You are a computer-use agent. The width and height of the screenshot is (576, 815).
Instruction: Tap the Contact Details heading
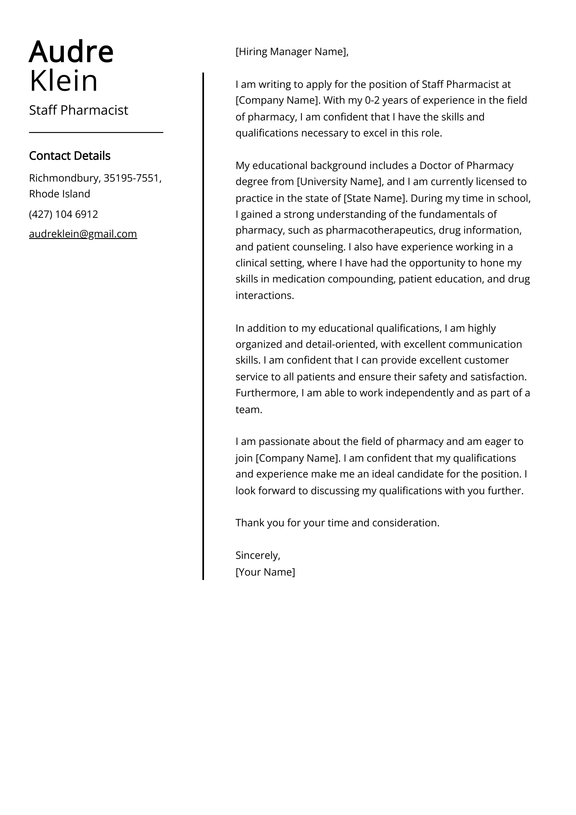tap(69, 156)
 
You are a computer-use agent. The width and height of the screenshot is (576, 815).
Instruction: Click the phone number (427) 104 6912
tap(63, 214)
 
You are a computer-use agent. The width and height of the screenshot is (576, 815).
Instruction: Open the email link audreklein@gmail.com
tap(83, 234)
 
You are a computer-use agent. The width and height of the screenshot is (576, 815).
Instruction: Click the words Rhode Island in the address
tap(60, 194)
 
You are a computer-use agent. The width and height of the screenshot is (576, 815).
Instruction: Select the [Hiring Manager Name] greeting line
tap(292, 52)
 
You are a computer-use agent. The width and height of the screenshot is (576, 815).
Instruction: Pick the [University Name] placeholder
tap(340, 182)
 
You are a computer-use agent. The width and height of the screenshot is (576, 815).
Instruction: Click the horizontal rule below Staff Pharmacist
tap(96, 133)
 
